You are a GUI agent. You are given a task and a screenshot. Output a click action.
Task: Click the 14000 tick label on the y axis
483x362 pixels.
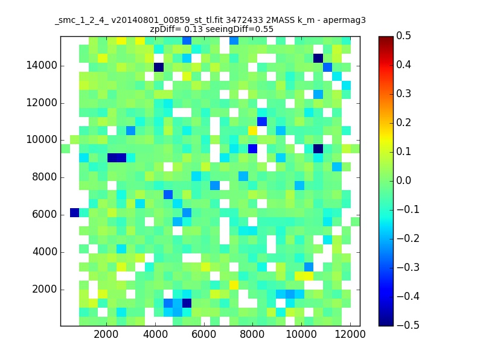coord(42,66)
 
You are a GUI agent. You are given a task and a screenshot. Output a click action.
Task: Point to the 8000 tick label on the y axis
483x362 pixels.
coord(44,177)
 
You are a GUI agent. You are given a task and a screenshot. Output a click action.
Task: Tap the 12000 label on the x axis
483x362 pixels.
coord(350,334)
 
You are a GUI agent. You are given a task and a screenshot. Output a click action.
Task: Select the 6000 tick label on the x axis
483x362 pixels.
coord(203,334)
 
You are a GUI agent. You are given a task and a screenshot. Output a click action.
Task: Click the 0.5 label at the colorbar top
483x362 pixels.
coord(403,36)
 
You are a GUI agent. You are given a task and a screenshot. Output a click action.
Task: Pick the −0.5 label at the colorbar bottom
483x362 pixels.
coord(408,325)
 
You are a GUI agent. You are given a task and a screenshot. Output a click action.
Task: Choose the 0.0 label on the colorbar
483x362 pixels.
coord(403,180)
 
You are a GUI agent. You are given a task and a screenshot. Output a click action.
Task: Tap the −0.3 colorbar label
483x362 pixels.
coord(408,267)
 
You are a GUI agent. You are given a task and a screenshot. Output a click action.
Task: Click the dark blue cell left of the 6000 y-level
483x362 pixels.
coord(74,213)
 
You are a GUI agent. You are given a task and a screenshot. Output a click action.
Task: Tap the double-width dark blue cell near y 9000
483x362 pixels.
coord(117,157)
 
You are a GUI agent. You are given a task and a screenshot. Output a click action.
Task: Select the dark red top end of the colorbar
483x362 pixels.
coord(386,38)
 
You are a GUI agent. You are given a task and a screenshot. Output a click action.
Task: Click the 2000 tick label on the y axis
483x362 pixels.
coord(44,289)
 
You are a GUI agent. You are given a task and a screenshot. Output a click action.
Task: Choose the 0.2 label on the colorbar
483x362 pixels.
coord(403,122)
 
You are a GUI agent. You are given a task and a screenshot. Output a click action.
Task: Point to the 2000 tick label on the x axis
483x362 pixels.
coord(106,334)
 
